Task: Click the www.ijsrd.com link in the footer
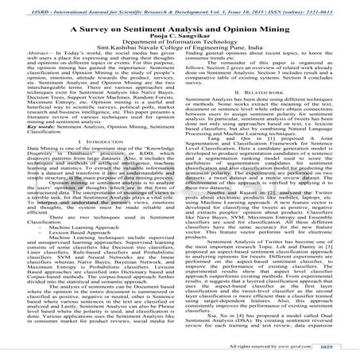[300, 348]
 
